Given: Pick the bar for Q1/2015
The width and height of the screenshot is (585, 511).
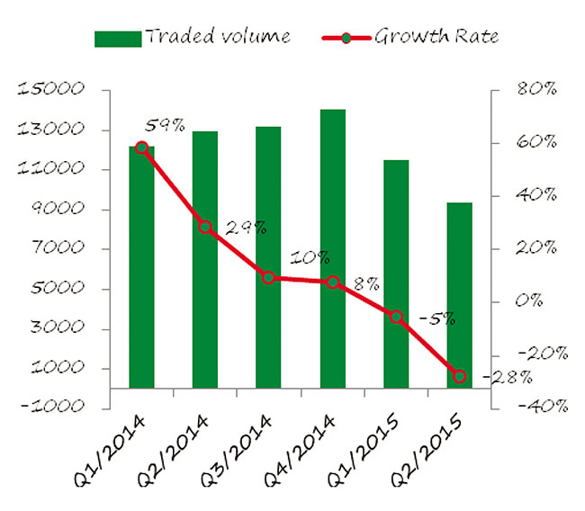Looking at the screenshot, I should click(x=396, y=273).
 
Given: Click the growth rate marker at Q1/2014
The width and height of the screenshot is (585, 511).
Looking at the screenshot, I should click(x=142, y=148).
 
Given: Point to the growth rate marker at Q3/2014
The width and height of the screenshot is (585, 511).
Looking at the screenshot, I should click(x=269, y=278).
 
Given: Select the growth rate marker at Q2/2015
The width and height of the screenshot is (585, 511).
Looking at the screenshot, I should click(x=460, y=377).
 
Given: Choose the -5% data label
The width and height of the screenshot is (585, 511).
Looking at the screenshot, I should click(x=437, y=318).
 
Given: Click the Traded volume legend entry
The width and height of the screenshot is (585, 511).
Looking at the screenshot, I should click(x=193, y=37).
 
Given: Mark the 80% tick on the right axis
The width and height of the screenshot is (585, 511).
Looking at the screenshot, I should click(x=537, y=90).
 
